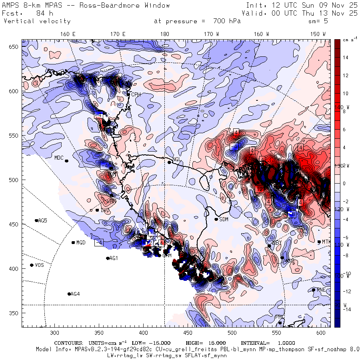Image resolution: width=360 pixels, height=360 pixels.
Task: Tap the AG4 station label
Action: click(x=75, y=294)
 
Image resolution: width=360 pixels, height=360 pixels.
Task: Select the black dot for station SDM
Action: click(x=216, y=219)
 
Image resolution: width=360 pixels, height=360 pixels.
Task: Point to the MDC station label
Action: click(x=59, y=158)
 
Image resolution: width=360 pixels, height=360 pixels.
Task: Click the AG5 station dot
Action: click(x=36, y=220)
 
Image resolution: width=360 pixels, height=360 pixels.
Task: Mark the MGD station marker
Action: click(x=73, y=242)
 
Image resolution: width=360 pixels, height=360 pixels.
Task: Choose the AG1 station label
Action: click(x=114, y=258)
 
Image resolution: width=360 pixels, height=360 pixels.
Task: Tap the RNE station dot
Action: click(x=314, y=290)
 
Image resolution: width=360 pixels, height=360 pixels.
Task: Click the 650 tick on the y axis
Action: click(x=15, y=47)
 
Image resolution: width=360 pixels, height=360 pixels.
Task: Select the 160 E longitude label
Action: click(x=68, y=34)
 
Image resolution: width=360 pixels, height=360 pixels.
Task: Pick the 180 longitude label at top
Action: click(x=164, y=34)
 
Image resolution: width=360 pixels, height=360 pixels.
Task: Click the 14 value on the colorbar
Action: click(x=346, y=58)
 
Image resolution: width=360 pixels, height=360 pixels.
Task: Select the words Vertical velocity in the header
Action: click(x=37, y=21)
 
